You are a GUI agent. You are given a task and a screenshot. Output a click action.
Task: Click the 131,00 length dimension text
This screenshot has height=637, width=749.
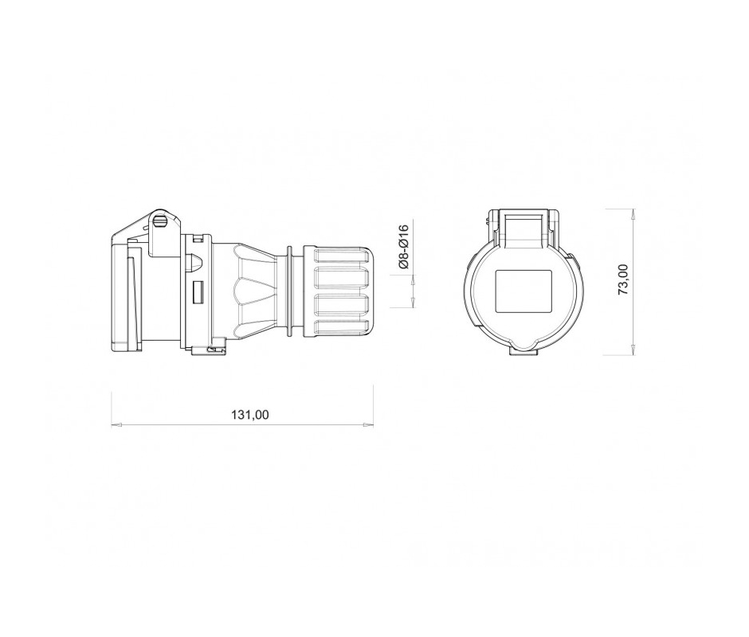pos(250,415)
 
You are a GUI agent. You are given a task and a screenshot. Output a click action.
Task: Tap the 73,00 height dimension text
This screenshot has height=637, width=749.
pos(624,279)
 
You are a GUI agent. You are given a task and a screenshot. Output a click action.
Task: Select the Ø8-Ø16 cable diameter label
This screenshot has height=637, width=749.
pos(404,247)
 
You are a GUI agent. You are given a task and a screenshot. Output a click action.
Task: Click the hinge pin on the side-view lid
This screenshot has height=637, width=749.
pos(161,221)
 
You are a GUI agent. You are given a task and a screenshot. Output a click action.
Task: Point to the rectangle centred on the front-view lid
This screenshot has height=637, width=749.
pos(524,291)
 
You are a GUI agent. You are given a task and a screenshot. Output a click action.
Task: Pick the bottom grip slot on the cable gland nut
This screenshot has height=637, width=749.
pos(341,327)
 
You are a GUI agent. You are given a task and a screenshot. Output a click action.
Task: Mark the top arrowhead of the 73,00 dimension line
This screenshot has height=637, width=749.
pos(633,214)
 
